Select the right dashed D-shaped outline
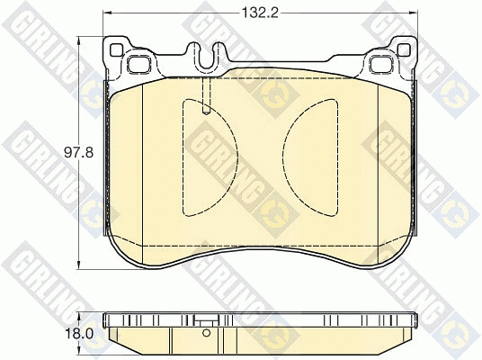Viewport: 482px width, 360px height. (313, 157)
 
